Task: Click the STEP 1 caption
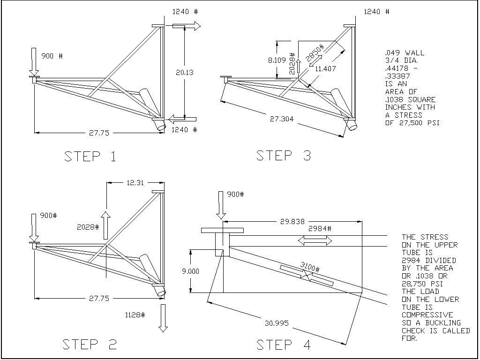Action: pyautogui.click(x=90, y=157)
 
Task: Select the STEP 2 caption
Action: pyautogui.click(x=90, y=345)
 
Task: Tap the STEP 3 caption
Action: pyautogui.click(x=284, y=156)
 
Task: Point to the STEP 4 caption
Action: pyautogui.click(x=284, y=345)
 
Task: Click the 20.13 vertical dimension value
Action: pyautogui.click(x=184, y=72)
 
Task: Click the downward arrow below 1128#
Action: pyautogui.click(x=163, y=318)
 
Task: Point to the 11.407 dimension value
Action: pyautogui.click(x=326, y=69)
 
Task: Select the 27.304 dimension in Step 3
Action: pyautogui.click(x=282, y=119)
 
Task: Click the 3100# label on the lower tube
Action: pyautogui.click(x=309, y=268)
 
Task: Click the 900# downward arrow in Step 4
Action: pyautogui.click(x=219, y=205)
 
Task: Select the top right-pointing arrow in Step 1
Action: pyautogui.click(x=186, y=26)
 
